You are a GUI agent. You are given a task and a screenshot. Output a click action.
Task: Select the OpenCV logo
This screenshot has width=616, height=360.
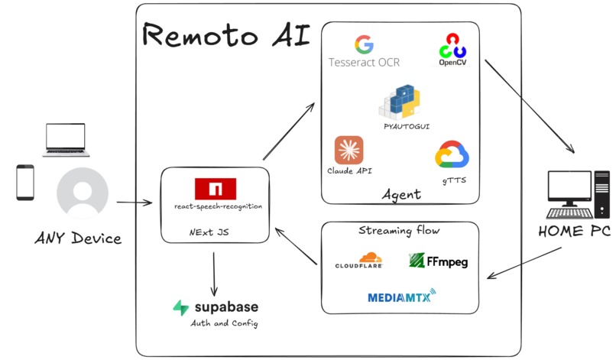click(452, 47)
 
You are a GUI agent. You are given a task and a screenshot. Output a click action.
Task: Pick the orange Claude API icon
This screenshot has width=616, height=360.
click(349, 150)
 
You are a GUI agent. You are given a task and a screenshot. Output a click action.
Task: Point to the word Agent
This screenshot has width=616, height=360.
click(400, 195)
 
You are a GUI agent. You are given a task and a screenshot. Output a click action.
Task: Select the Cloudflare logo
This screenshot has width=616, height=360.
click(358, 261)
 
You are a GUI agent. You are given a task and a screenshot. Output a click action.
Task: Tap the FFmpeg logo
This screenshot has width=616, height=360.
click(438, 261)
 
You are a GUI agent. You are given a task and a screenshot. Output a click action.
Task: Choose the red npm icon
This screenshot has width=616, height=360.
click(216, 188)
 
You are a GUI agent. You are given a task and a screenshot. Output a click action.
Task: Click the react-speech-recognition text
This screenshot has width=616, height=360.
click(217, 206)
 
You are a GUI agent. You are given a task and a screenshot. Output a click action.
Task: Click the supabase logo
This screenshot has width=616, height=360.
click(216, 307)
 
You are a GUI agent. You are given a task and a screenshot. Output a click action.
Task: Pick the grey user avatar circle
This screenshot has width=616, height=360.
click(82, 193)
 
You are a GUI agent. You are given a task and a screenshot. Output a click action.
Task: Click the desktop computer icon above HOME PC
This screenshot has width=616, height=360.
click(579, 196)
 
